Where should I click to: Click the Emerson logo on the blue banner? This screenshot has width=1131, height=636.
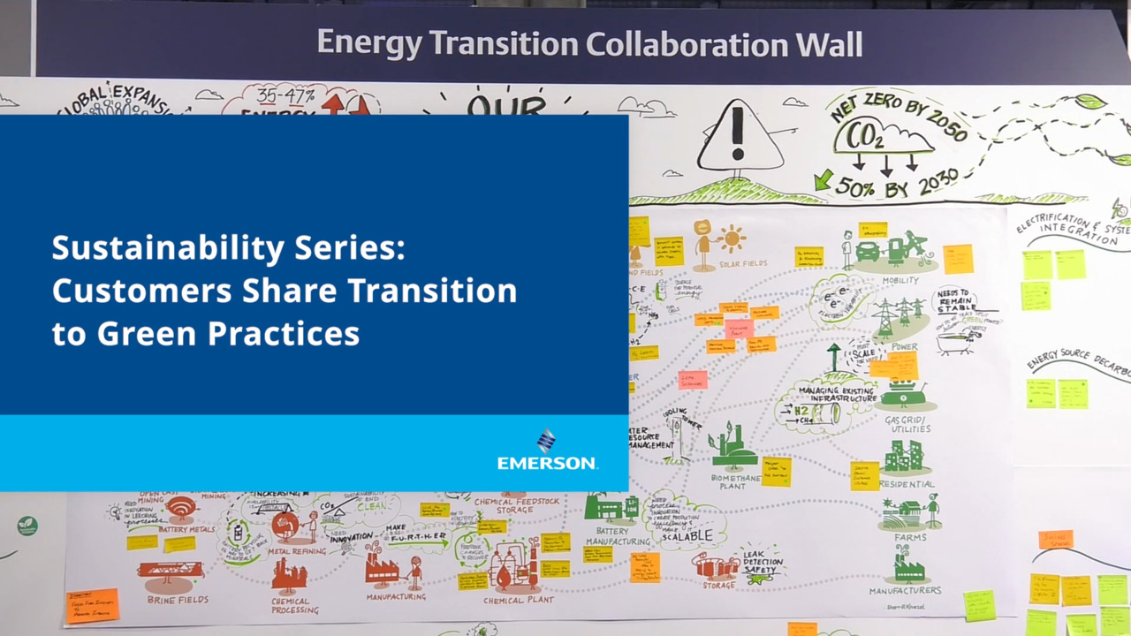click(547, 450)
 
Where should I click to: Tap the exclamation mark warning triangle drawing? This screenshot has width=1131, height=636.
click(739, 136)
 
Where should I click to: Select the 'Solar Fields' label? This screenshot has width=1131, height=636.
click(742, 263)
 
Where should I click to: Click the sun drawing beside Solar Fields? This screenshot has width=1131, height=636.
click(732, 238)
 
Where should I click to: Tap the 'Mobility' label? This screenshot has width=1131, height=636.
click(900, 281)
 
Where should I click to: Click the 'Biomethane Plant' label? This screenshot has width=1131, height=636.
click(734, 482)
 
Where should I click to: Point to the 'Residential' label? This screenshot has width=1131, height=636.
click(906, 484)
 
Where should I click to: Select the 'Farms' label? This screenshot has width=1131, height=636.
click(909, 537)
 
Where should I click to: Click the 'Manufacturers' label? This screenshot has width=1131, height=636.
click(904, 590)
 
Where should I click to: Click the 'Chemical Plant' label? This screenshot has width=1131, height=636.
click(519, 600)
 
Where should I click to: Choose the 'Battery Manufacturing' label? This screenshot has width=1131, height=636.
click(606, 536)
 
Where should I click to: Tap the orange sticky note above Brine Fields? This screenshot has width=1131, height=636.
click(92, 605)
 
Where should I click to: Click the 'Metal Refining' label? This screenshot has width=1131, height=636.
click(297, 550)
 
